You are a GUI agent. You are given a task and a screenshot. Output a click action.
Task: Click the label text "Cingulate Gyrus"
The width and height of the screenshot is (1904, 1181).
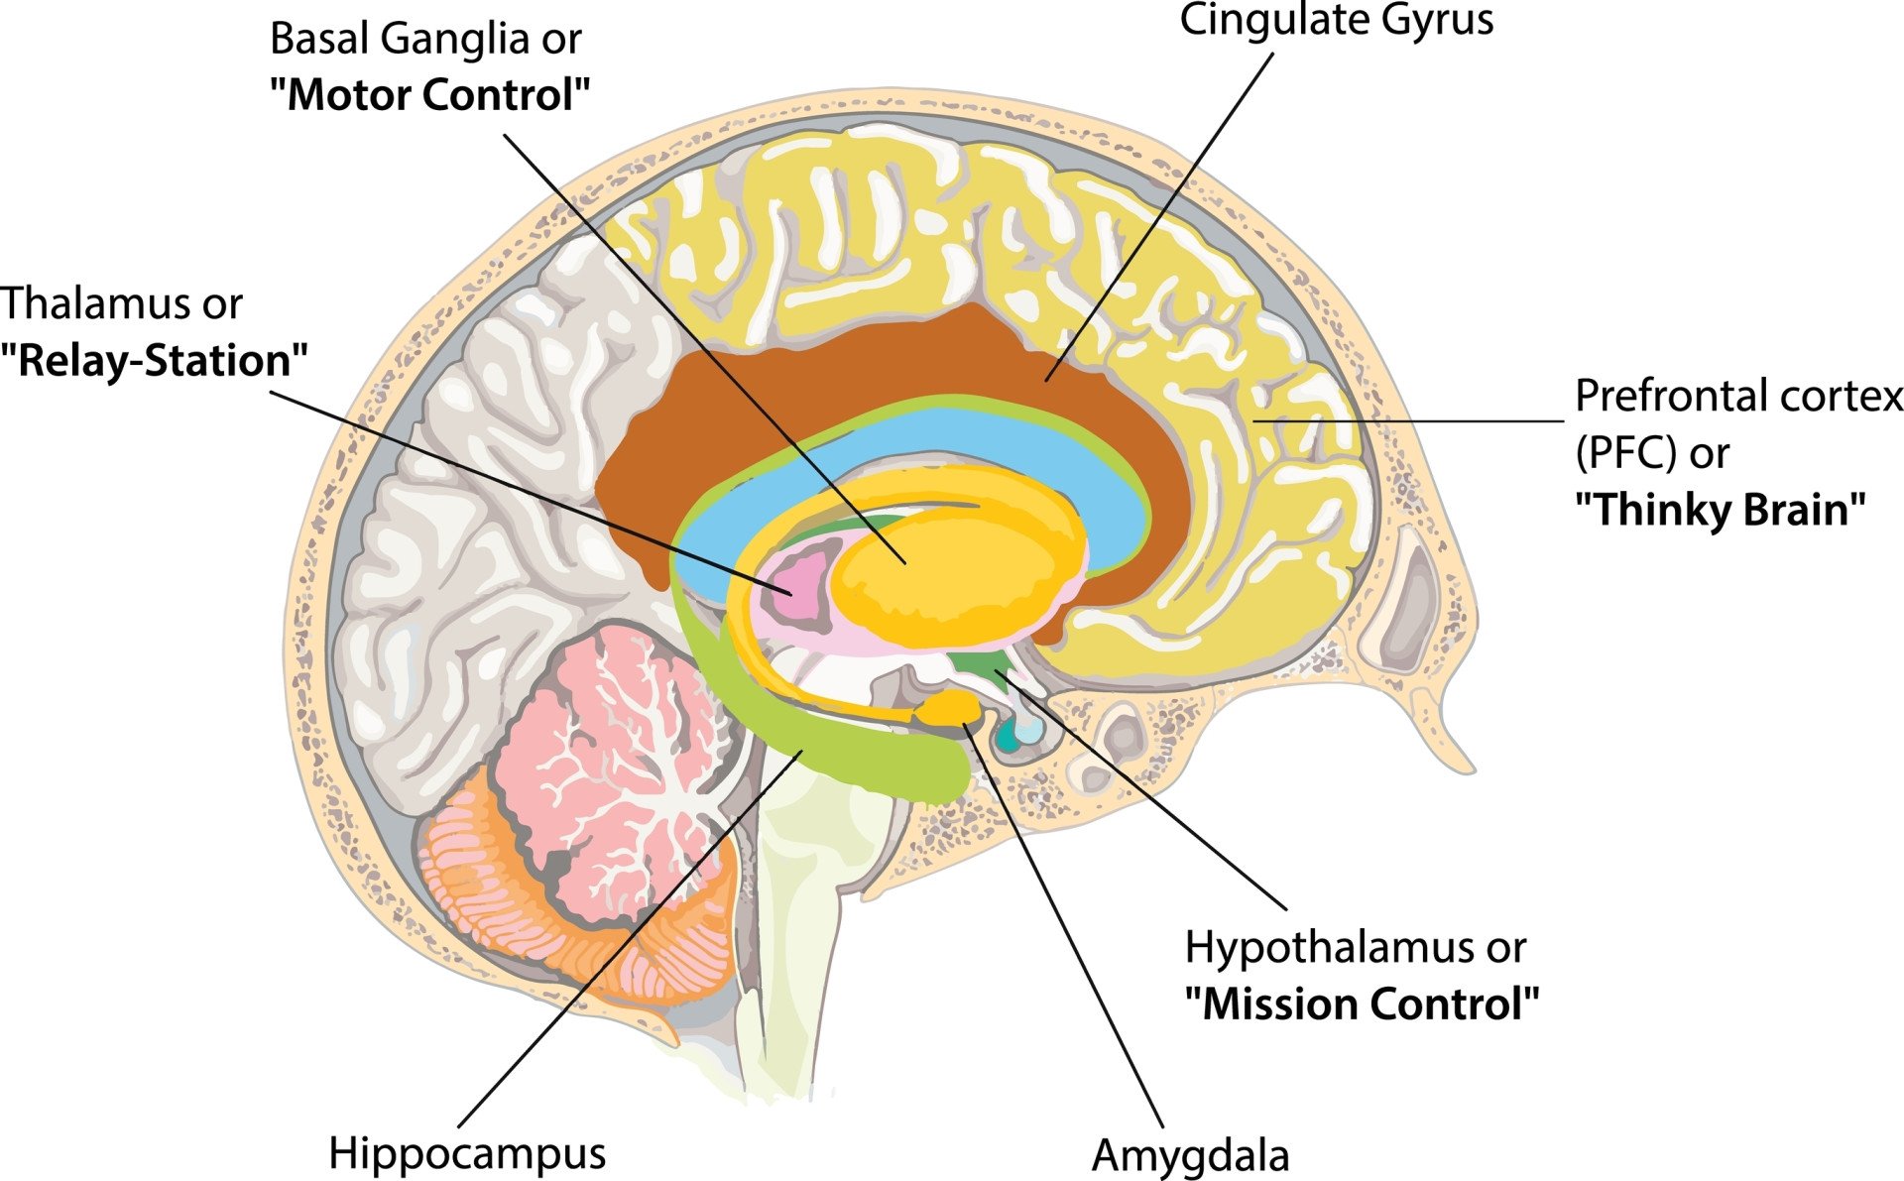tap(1335, 20)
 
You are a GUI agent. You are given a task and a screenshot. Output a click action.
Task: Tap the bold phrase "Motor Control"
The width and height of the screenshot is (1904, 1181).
tap(429, 95)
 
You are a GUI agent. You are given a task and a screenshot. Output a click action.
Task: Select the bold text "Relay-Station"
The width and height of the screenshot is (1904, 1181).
tap(154, 360)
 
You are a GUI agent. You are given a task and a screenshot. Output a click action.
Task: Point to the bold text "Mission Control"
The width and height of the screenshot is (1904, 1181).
tap(1362, 1004)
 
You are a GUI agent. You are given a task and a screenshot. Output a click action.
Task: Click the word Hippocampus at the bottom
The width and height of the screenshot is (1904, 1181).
tap(466, 1153)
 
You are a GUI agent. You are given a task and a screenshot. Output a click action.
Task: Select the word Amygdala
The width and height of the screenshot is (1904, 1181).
tap(1190, 1155)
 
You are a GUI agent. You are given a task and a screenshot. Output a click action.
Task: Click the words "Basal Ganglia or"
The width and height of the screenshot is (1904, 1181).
tap(425, 40)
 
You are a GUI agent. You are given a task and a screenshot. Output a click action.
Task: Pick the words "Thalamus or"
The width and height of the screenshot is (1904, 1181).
tap(121, 303)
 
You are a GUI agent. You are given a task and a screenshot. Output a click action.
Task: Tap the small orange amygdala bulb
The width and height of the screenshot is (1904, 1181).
tap(950, 707)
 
